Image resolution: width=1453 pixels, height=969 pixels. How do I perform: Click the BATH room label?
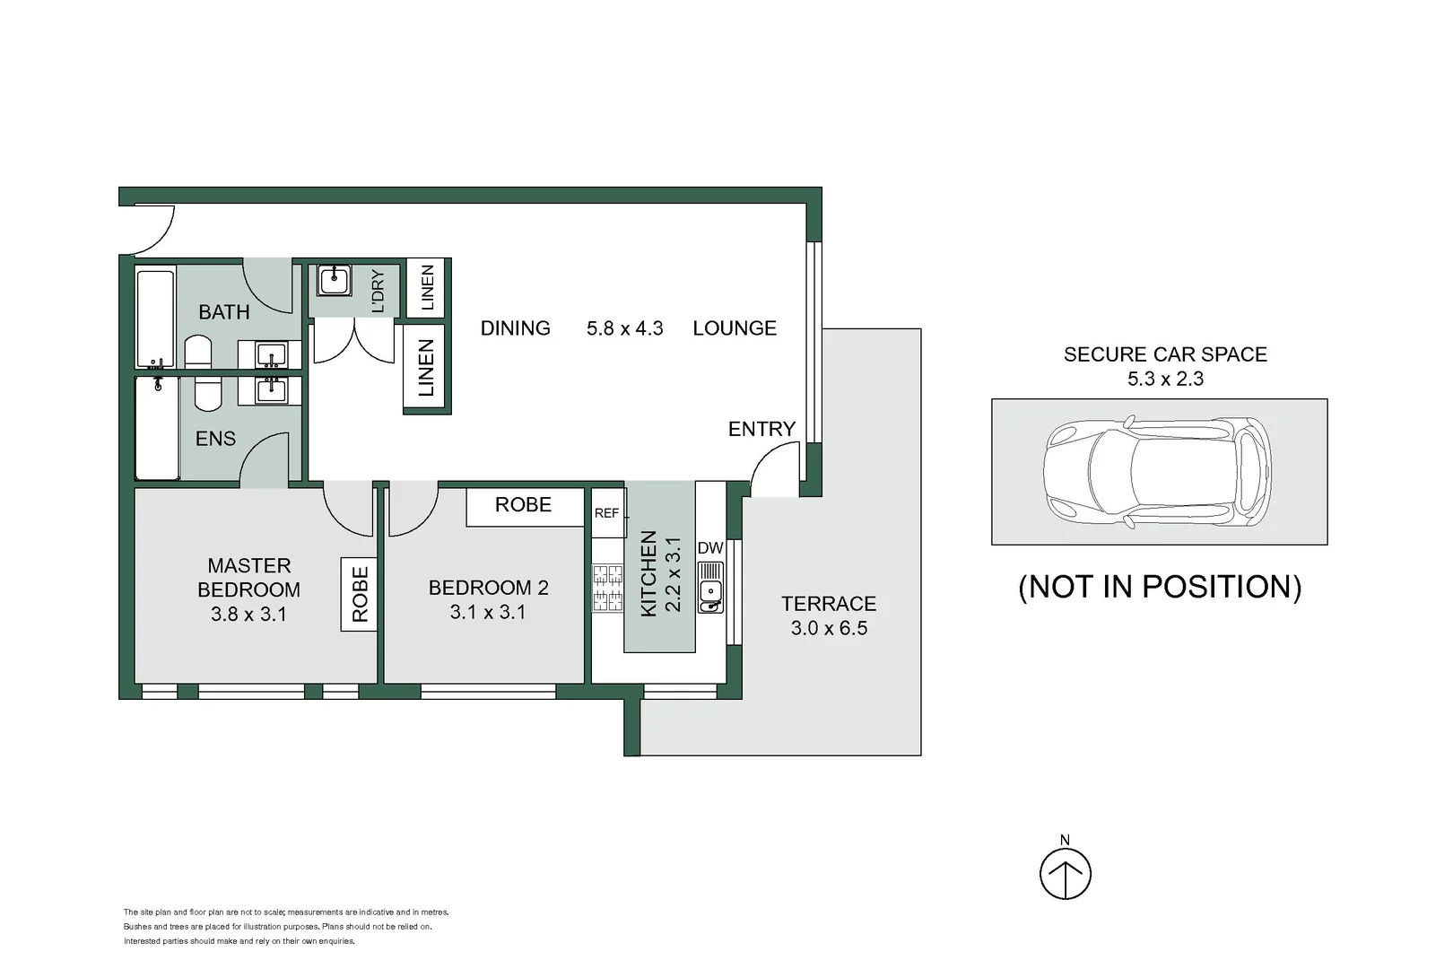pyautogui.click(x=224, y=312)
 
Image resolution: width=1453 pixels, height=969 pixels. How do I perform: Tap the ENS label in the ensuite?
pyautogui.click(x=215, y=439)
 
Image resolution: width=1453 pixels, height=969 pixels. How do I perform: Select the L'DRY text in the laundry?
pyautogui.click(x=378, y=291)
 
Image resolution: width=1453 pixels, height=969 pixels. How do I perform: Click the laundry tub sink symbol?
pyautogui.click(x=334, y=280)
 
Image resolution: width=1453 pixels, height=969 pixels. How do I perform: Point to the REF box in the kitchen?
pyautogui.click(x=607, y=513)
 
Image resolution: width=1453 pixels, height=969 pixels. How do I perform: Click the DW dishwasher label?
pyautogui.click(x=709, y=548)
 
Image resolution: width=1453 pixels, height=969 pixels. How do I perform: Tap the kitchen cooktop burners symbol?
pyautogui.click(x=607, y=589)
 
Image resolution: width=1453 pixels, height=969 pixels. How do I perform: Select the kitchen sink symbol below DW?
pyautogui.click(x=710, y=588)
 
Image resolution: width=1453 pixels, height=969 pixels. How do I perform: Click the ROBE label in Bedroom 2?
pyautogui.click(x=523, y=505)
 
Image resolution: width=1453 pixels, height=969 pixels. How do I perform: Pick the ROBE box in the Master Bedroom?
pyautogui.click(x=360, y=594)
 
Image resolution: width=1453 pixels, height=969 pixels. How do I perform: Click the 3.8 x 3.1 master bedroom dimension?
pyautogui.click(x=248, y=615)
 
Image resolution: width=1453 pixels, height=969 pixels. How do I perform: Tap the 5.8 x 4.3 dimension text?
pyautogui.click(x=624, y=328)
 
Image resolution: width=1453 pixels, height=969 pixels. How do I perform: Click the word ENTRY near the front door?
pyautogui.click(x=761, y=430)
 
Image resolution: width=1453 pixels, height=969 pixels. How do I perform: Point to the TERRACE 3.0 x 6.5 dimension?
pyautogui.click(x=829, y=628)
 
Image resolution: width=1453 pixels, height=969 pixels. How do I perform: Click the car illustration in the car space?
pyautogui.click(x=1157, y=471)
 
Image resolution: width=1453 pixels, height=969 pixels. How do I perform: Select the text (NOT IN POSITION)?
pyautogui.click(x=1160, y=587)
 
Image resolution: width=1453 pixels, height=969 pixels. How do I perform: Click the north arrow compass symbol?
pyautogui.click(x=1066, y=872)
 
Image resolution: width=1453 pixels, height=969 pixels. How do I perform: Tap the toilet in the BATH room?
pyautogui.click(x=198, y=352)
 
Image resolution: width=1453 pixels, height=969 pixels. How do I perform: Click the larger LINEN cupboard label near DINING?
pyautogui.click(x=426, y=368)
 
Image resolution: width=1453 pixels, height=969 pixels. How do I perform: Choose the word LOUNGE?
pyautogui.click(x=735, y=328)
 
